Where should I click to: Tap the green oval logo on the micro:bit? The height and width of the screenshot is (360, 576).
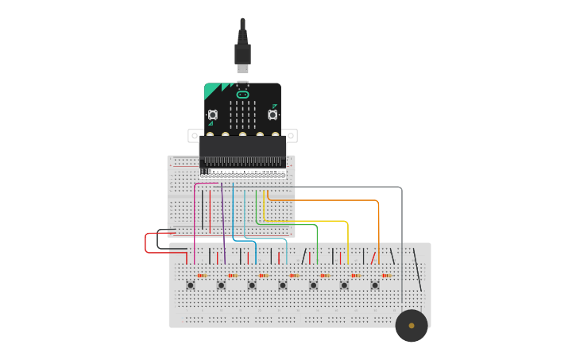tap(242, 95)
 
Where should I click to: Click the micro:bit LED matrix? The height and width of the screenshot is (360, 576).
tap(242, 114)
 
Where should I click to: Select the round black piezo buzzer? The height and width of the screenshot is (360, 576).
tap(412, 325)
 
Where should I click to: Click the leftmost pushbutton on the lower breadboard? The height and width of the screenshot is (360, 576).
tap(190, 285)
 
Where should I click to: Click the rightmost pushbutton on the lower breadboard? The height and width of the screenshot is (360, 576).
tap(375, 285)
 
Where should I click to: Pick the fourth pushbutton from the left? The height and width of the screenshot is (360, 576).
tap(283, 285)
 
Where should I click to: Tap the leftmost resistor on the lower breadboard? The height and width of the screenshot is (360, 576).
tap(202, 276)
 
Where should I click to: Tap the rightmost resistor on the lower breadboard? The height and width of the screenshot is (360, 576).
tap(387, 276)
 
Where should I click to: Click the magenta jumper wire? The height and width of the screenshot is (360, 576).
tap(195, 223)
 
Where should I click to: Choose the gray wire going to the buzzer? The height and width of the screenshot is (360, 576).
tap(401, 238)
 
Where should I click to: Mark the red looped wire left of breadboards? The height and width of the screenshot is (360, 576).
tap(146, 243)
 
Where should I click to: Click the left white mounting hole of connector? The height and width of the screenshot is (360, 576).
tap(193, 136)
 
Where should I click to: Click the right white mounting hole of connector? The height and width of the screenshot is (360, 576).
tap(292, 136)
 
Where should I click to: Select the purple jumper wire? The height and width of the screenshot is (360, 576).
tap(223, 223)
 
